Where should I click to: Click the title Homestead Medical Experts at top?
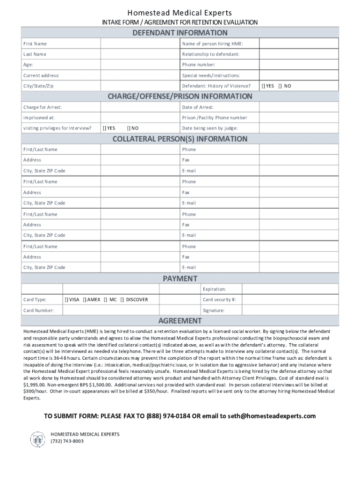[180, 13]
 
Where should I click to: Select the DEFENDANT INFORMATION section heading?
[180, 33]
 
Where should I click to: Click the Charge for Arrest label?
[43, 108]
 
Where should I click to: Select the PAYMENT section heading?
[180, 279]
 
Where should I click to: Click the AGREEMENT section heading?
[180, 321]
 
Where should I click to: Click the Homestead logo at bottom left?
[36, 439]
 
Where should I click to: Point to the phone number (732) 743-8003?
[67, 441]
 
